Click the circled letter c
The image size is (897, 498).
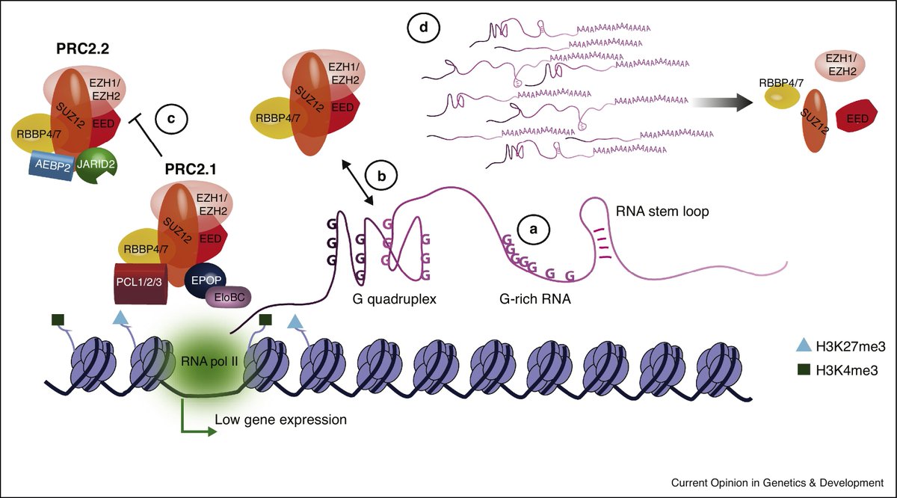(x=171, y=118)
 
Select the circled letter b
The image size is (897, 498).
(x=381, y=177)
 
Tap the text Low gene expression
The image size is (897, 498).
(x=280, y=419)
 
